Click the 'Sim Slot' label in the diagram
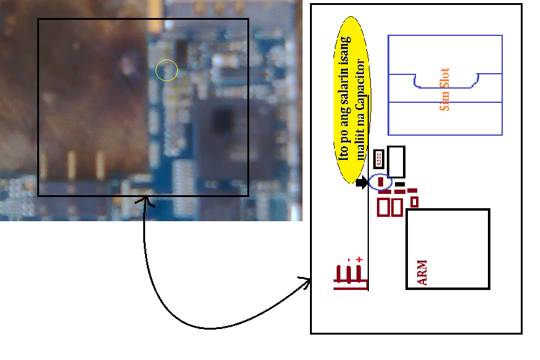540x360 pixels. coord(444,89)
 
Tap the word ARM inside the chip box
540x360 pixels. coord(422,273)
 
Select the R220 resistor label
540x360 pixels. coord(379,159)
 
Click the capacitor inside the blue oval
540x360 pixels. coord(381,182)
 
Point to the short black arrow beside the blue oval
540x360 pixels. coord(362,183)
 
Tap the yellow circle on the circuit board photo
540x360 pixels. coord(167,71)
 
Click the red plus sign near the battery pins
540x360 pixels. coord(359,260)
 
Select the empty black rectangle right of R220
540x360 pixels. coord(396,162)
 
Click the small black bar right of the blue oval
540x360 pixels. coord(400,184)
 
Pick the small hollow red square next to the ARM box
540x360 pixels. coord(414,201)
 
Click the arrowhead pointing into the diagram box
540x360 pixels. coord(306,281)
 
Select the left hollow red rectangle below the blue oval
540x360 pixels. coord(384,207)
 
